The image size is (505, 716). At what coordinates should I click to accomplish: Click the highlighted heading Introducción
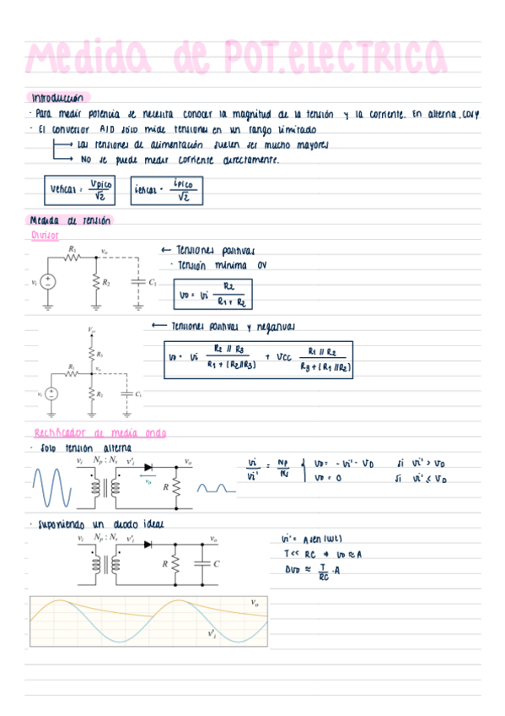(58, 98)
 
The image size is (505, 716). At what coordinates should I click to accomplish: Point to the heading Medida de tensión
(69, 221)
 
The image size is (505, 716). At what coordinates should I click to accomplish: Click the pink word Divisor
(44, 236)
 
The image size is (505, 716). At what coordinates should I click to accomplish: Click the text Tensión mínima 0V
(220, 265)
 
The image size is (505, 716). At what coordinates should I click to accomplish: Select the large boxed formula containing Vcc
(259, 358)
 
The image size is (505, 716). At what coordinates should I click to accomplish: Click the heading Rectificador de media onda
(94, 433)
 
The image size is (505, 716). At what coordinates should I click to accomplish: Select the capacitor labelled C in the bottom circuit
(205, 563)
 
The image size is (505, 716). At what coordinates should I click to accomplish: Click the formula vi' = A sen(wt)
(311, 540)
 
